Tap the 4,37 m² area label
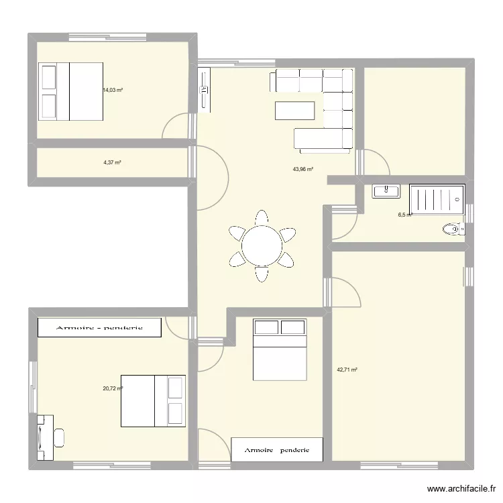pos(112,162)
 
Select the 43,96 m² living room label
pos(303,170)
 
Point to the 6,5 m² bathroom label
pos(404,215)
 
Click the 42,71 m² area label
pos(347,370)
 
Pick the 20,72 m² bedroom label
pos(112,388)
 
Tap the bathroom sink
pos(386,191)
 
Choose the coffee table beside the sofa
pos(294,109)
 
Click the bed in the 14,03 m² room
pos(70,92)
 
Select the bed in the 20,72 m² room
pos(152,400)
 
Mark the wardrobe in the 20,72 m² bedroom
pos(99,327)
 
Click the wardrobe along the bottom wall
pos(277,450)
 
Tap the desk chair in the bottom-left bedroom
pos(59,437)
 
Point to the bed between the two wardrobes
pos(279,349)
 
